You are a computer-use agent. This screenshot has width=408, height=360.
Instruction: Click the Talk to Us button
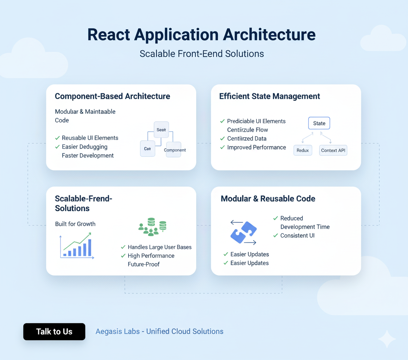point(54,331)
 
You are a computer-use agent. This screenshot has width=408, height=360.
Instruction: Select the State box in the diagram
point(319,123)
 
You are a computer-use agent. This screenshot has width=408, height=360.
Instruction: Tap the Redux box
point(303,150)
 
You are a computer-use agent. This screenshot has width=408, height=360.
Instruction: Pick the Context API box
point(333,150)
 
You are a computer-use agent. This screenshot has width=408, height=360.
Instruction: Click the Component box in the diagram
point(174,150)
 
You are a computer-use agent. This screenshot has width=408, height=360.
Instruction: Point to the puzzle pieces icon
point(243,232)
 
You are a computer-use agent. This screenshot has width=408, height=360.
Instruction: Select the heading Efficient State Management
point(270,96)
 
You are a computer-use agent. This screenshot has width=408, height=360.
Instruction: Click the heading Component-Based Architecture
point(112,96)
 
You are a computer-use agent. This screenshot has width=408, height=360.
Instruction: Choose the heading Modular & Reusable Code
point(268,199)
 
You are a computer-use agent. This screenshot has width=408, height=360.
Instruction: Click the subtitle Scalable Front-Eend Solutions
point(202,54)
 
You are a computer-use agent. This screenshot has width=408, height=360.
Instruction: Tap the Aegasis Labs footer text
point(159,331)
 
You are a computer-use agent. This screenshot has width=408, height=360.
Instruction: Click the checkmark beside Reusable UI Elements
point(57,138)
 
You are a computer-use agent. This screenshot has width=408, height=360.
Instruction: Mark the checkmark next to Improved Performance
point(222,147)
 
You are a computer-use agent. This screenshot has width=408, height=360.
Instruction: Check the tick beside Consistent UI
point(276,235)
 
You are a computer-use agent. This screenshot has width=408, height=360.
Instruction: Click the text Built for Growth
point(75,224)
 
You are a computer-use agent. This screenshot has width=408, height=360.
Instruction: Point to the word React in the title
point(109,34)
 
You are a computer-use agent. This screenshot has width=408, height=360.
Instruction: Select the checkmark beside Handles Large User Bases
point(123,247)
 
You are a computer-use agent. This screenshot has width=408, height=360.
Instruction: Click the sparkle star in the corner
point(386,339)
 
